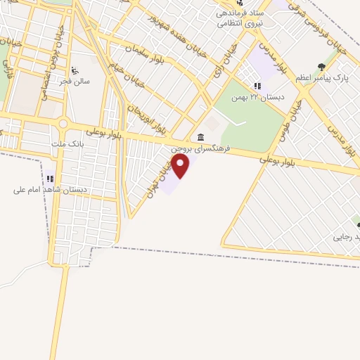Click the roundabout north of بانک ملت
tap(63, 124)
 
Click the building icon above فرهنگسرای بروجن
tap(202, 137)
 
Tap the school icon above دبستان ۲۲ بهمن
tap(257, 86)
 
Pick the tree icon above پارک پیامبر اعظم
tap(321, 67)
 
